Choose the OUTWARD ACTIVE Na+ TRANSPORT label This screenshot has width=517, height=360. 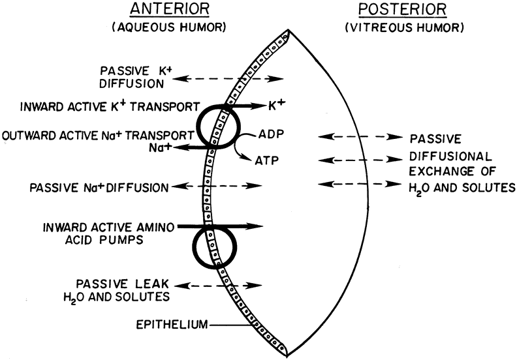(98, 134)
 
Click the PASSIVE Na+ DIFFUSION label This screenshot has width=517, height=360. (99, 188)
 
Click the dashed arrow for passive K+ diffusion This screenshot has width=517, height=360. (231, 79)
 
